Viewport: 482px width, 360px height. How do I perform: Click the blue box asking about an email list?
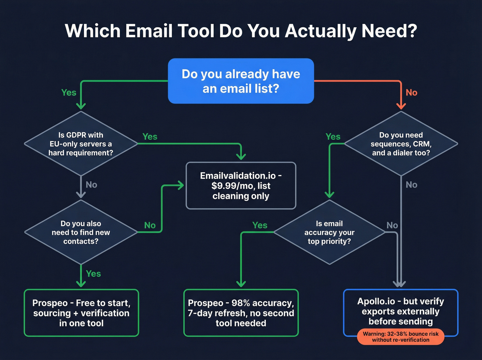241,81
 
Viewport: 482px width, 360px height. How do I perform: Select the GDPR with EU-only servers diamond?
81,144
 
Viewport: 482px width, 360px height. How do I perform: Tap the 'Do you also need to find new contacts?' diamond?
81,232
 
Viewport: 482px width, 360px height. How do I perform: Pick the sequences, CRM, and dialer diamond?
401,144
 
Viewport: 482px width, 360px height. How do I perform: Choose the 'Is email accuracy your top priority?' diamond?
329,232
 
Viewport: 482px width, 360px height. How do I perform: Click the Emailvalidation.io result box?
241,186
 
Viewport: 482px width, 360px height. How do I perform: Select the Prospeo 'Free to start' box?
81,313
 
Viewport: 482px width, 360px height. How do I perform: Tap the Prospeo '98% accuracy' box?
241,313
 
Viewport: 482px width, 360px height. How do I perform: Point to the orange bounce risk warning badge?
400,337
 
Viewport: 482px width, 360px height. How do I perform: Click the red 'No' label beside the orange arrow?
411,93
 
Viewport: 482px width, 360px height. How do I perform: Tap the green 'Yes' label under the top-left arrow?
69,93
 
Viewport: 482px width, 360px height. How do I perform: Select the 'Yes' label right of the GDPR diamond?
150,137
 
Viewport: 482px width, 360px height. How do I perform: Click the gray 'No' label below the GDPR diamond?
91,185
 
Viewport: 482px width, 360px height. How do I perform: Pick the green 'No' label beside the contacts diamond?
150,225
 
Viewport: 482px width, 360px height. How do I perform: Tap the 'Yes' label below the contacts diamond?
93,274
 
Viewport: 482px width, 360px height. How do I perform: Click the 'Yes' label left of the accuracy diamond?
260,225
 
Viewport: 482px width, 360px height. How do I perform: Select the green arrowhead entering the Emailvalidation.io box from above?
241,156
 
